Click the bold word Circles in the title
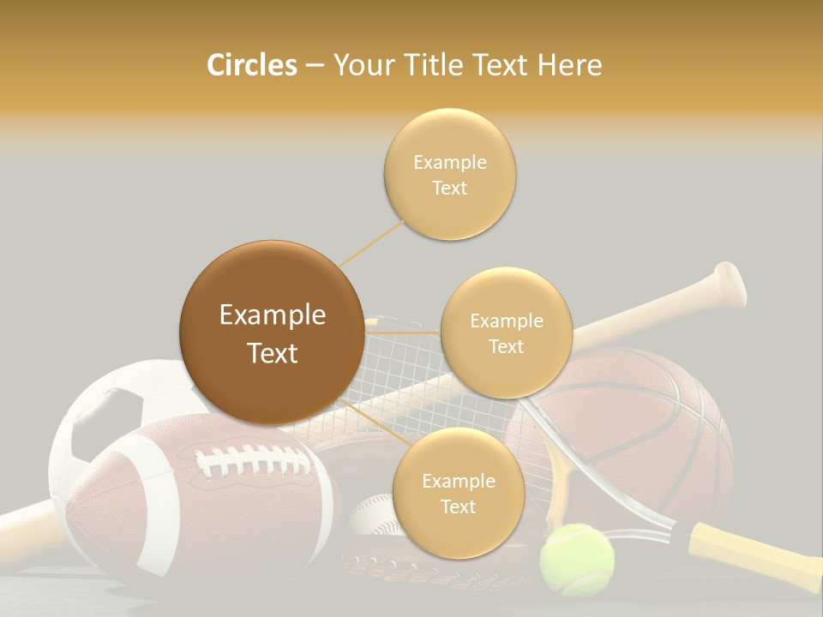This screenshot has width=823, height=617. [252, 65]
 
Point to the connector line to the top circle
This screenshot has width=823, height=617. [373, 243]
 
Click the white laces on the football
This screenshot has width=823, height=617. [252, 464]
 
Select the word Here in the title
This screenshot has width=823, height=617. [569, 65]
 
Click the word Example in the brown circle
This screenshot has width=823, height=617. [273, 315]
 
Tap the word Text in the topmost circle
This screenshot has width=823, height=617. [449, 189]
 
